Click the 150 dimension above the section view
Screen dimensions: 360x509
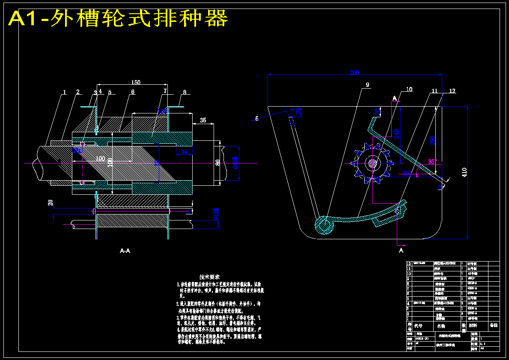136,82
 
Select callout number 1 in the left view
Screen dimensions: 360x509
65,92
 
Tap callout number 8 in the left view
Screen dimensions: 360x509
185,92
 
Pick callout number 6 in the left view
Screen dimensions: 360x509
133,92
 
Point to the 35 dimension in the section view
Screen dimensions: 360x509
203,121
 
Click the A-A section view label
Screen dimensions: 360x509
125,251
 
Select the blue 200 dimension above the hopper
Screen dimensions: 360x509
354,72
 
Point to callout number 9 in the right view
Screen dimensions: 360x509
367,85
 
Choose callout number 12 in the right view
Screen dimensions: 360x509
452,91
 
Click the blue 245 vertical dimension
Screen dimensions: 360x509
397,133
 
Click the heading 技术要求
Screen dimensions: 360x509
210,277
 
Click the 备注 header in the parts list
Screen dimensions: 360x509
494,325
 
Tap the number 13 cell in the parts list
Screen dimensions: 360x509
408,263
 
